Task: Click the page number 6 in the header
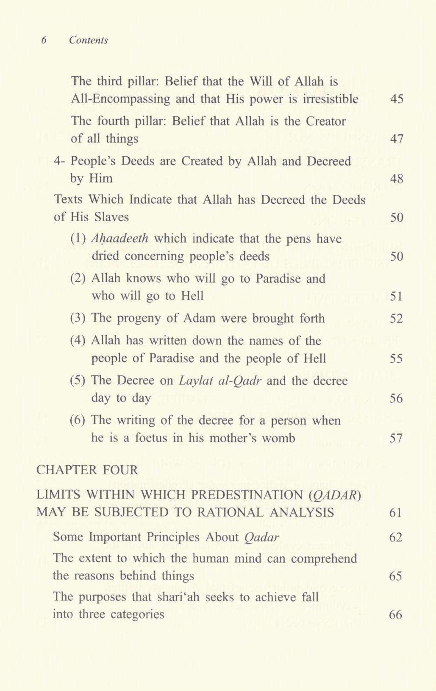coord(44,40)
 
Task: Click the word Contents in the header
coord(88,40)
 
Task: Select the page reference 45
coord(397,99)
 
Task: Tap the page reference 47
coord(397,139)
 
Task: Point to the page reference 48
coord(397,178)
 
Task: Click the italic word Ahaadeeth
coord(120,239)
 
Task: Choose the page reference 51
coord(397,296)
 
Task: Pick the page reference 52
coord(397,318)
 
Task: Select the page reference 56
coord(397,398)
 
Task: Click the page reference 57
coord(397,438)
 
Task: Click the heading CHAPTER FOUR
coord(87,470)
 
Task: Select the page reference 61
coord(395,513)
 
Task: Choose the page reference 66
coord(395,615)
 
